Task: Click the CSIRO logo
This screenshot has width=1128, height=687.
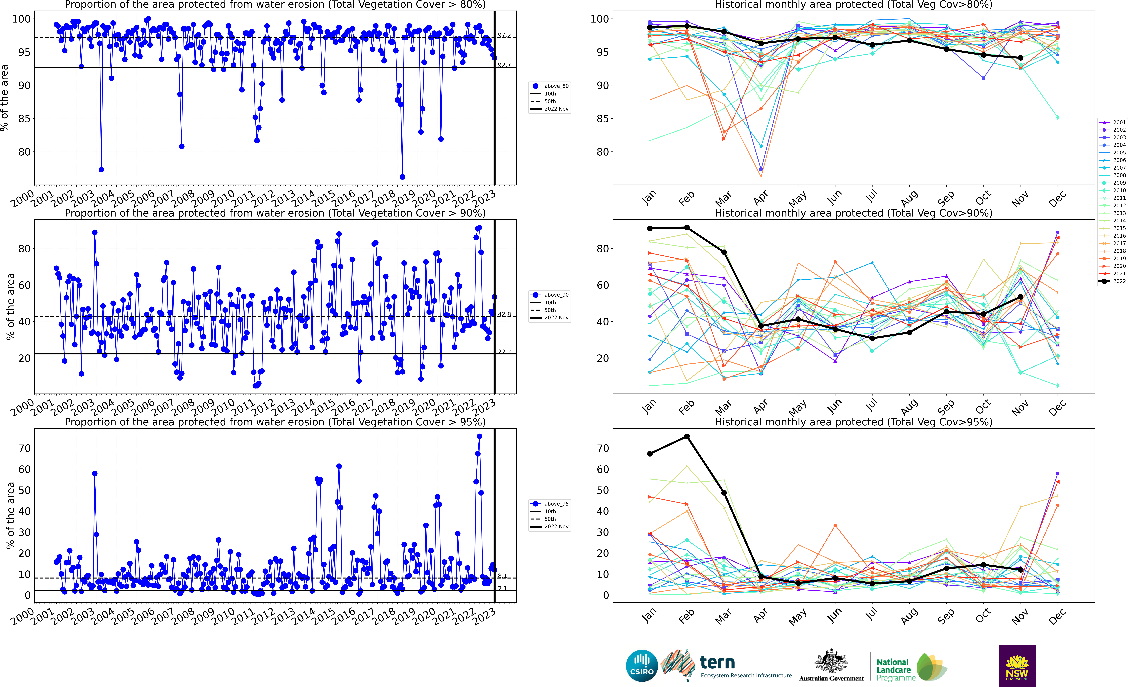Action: click(x=642, y=665)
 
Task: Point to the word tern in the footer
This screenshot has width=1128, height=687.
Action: click(x=717, y=662)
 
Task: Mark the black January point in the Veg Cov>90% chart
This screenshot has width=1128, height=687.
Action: click(x=650, y=228)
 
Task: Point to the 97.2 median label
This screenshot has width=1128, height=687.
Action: click(x=504, y=35)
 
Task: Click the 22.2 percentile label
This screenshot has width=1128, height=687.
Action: click(x=504, y=352)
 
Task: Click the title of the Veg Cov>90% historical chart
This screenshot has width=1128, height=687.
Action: click(x=853, y=213)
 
